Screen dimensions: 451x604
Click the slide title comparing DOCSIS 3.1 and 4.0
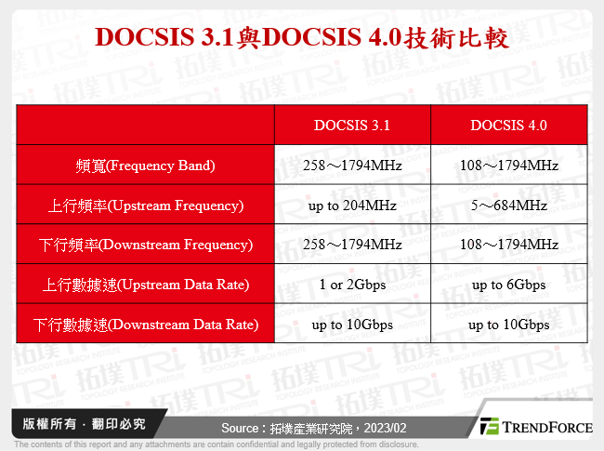coord(302,37)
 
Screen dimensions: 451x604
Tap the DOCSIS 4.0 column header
coord(508,126)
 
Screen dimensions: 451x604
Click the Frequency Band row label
coord(145,166)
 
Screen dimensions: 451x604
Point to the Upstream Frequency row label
coord(145,206)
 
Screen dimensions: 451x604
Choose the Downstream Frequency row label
coord(145,245)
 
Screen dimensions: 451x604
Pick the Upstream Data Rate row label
coord(145,285)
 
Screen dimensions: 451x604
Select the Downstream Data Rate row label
coord(145,325)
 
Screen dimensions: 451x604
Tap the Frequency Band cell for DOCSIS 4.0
coord(508,166)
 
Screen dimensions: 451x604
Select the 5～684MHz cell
coord(508,206)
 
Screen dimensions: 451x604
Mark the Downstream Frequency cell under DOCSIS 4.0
coord(508,245)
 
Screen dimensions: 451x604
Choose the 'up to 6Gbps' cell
coord(508,285)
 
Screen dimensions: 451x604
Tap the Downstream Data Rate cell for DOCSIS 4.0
coord(508,325)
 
